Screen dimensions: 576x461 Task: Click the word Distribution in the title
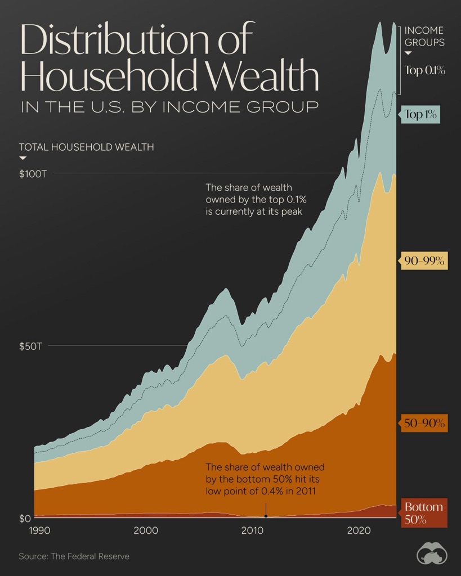coord(110,41)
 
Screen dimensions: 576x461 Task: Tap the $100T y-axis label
coord(33,174)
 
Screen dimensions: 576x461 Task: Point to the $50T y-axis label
coord(30,346)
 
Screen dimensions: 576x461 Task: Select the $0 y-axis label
coord(25,518)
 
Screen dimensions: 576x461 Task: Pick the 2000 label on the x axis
coord(146,530)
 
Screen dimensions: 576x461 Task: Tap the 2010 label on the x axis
coord(253,530)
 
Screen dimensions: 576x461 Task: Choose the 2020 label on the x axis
coord(359,530)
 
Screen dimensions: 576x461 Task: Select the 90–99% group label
coord(424,262)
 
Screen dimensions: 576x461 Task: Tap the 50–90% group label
coord(424,424)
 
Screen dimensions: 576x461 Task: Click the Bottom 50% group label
coord(423,513)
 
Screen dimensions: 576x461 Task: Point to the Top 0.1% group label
coord(425,70)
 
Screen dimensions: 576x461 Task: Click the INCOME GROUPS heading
coord(424,36)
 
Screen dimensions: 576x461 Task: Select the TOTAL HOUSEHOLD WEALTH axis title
coord(86,147)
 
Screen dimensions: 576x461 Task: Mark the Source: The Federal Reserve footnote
coord(74,556)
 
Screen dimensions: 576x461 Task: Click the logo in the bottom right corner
coord(432,555)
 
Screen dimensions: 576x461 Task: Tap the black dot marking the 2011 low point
coord(265,516)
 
